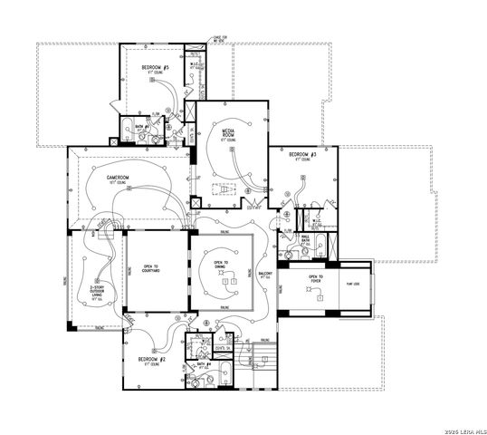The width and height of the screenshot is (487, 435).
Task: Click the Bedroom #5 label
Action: (156, 68)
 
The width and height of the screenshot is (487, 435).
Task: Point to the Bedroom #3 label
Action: (302, 156)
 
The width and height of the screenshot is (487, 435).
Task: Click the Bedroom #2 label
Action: (151, 360)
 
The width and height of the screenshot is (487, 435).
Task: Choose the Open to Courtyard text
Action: (151, 269)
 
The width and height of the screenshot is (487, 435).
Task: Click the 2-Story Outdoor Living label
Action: (98, 288)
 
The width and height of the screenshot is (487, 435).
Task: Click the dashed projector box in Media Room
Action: (223, 189)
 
